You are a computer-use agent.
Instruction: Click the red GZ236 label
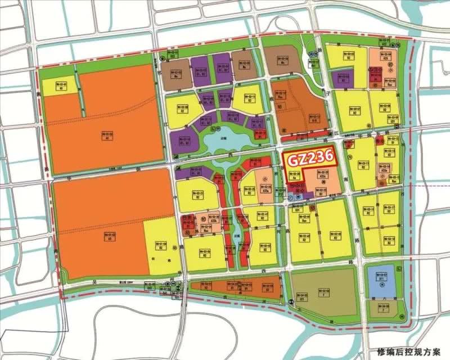coord(310,157)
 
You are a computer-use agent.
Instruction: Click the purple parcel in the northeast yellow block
coord(341,78)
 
